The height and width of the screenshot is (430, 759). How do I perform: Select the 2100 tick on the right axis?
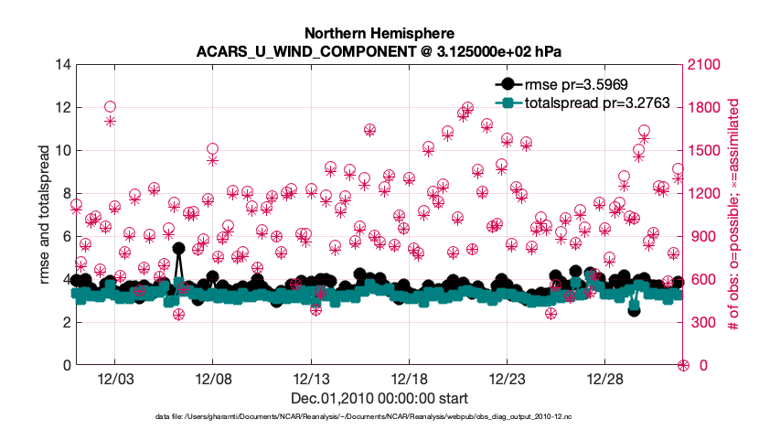coord(705,64)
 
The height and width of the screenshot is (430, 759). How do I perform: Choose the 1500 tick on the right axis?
coord(705,150)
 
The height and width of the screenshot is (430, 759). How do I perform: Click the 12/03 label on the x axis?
coord(114,379)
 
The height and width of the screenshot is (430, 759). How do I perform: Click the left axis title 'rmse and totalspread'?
coord(44,214)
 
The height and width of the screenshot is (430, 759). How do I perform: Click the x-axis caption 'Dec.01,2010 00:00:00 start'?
coord(379,398)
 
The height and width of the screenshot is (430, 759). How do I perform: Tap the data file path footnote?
coord(364,417)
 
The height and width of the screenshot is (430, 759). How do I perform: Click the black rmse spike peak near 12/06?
coord(179,248)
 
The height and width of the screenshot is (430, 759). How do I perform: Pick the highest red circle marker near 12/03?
coord(110,107)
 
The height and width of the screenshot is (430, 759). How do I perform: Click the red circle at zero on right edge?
coord(682,365)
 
